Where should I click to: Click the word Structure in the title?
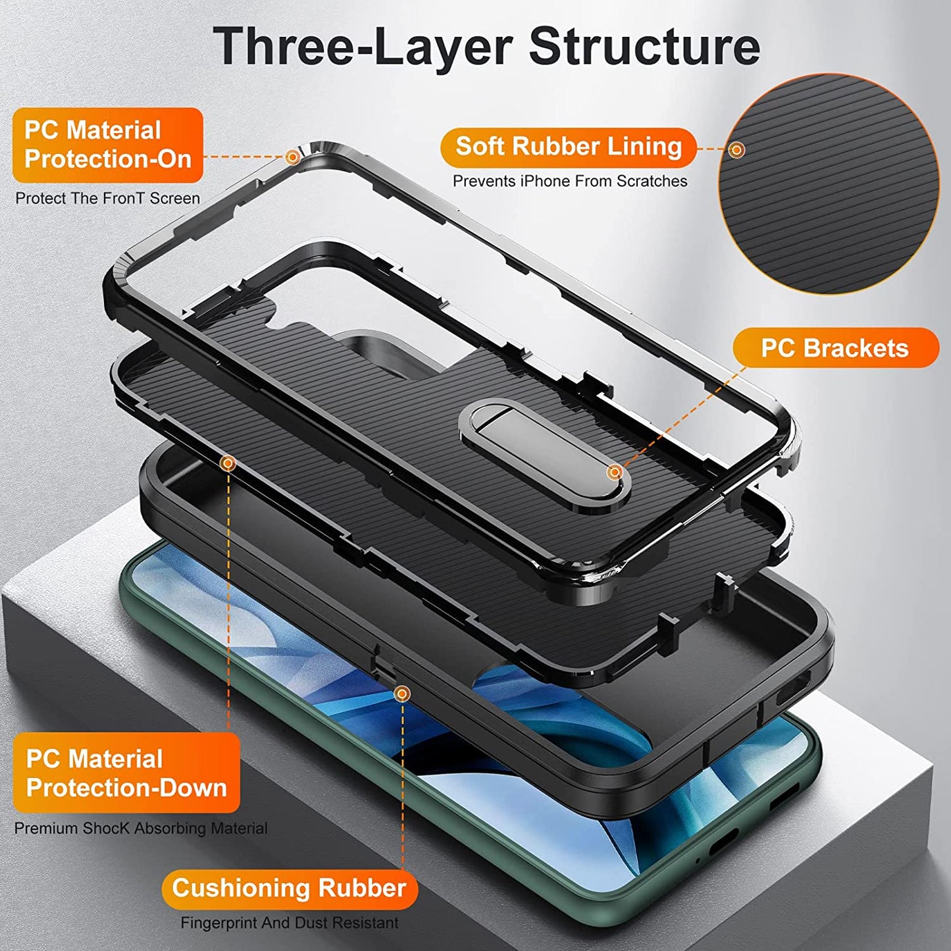pyautogui.click(x=644, y=46)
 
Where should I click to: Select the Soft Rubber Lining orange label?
pyautogui.click(x=568, y=147)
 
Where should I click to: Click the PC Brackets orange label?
pyautogui.click(x=835, y=347)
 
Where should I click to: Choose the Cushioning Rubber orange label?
pyautogui.click(x=289, y=888)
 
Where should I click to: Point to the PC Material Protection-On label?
pyautogui.click(x=107, y=145)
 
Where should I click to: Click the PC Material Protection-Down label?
pyautogui.click(x=126, y=773)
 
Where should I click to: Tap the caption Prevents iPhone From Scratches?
pyautogui.click(x=569, y=181)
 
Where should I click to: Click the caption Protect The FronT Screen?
pyautogui.click(x=107, y=198)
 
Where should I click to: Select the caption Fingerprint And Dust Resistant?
pyautogui.click(x=290, y=923)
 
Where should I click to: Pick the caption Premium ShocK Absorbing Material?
pyautogui.click(x=141, y=828)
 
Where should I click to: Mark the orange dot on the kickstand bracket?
pyautogui.click(x=614, y=471)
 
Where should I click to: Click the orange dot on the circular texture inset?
pyautogui.click(x=737, y=149)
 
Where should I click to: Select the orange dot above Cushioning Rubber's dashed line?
pyautogui.click(x=401, y=693)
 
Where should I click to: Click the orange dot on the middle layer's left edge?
pyautogui.click(x=228, y=463)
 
